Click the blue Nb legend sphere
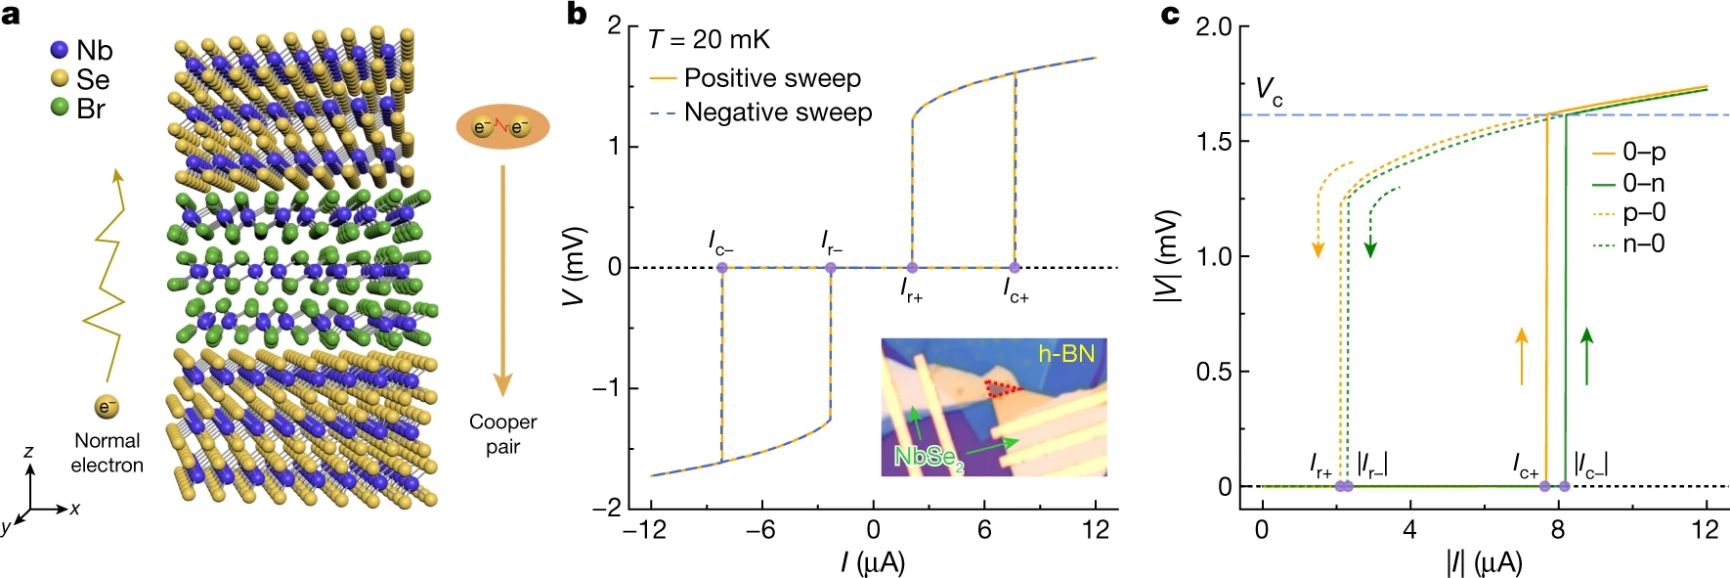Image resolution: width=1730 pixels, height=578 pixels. click(60, 50)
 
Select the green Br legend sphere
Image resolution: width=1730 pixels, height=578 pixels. click(60, 107)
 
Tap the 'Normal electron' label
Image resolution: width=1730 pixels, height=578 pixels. click(107, 453)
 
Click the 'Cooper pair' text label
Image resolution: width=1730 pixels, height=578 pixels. click(502, 433)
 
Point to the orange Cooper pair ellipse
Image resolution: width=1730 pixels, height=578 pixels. click(502, 127)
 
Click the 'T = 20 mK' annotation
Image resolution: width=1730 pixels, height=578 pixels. click(709, 40)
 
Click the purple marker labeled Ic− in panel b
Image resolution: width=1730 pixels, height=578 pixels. click(722, 267)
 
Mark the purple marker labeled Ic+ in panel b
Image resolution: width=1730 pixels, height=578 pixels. click(1015, 267)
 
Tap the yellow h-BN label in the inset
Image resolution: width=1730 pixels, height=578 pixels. click(1065, 354)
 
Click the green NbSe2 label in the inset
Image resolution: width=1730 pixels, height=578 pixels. click(929, 457)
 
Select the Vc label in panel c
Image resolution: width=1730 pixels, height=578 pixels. click(1269, 92)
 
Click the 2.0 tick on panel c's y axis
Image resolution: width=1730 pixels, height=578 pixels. click(1213, 26)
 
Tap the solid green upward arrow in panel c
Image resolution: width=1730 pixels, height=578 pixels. click(1586, 356)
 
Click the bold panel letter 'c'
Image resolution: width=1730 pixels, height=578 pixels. click(1170, 15)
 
